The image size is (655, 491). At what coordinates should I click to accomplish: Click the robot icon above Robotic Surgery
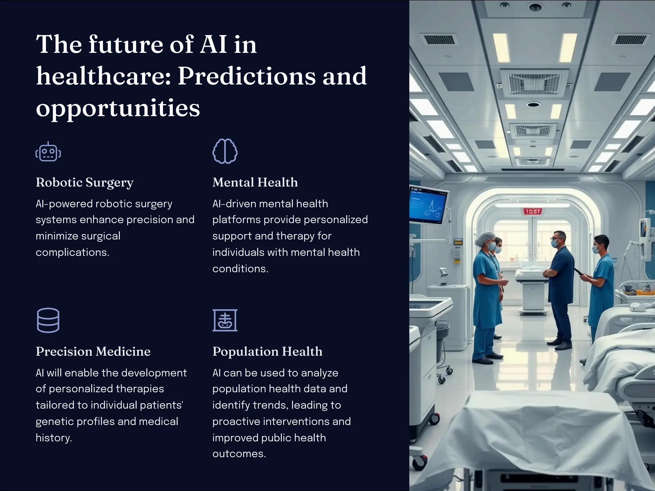click(48, 152)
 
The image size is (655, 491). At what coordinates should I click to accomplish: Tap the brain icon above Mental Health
click(225, 151)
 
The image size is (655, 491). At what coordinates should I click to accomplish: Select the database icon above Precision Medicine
click(48, 320)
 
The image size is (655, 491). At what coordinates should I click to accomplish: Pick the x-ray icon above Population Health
click(225, 320)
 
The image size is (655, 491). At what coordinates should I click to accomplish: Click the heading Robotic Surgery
click(84, 183)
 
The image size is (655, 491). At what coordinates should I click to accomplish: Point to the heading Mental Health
click(255, 183)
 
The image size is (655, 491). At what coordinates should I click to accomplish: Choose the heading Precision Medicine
click(93, 352)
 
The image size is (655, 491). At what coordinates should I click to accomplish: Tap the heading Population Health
click(267, 352)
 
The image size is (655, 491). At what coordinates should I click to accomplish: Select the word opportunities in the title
click(118, 108)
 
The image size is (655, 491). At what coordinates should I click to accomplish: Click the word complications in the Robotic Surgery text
click(72, 253)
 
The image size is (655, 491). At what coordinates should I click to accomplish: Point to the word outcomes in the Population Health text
click(239, 454)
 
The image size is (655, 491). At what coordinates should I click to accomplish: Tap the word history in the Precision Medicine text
click(53, 438)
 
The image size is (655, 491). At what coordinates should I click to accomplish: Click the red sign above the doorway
click(533, 211)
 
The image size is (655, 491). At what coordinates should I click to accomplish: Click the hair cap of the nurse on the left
click(485, 238)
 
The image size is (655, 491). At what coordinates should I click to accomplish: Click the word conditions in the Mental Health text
click(240, 269)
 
